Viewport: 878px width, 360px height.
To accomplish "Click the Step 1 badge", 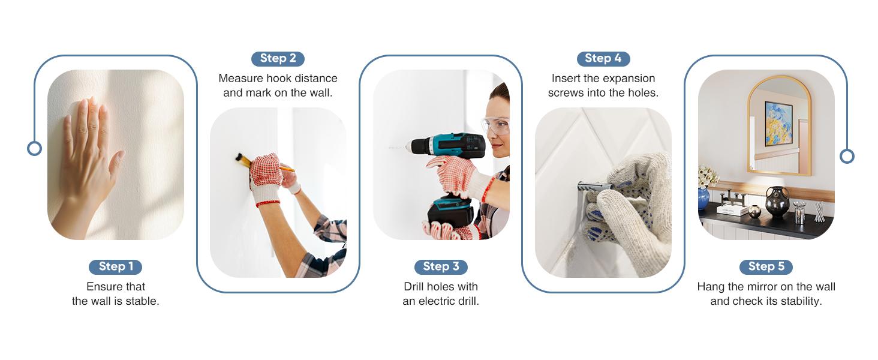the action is click(x=115, y=266).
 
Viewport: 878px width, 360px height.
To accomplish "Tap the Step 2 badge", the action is click(x=278, y=58).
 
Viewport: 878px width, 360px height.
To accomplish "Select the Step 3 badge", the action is click(x=441, y=266).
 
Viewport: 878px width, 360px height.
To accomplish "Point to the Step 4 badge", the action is click(x=603, y=58).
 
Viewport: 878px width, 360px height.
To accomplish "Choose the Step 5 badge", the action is click(x=766, y=266).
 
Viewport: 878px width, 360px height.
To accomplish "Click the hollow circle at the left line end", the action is click(x=35, y=149).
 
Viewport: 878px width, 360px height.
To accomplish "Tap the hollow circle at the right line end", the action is click(x=847, y=157).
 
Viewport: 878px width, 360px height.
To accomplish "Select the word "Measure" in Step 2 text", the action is click(x=240, y=79).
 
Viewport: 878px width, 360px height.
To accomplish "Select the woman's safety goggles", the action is click(x=496, y=125).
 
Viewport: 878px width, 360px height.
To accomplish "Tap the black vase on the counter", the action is click(x=777, y=202).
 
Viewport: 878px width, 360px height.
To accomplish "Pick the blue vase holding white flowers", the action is click(x=703, y=199).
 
